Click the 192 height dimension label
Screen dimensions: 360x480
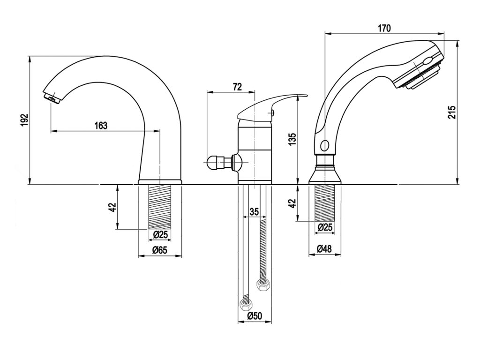25,120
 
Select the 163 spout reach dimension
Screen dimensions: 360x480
101,125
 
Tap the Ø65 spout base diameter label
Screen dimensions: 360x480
160,250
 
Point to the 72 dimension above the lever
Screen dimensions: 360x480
237,86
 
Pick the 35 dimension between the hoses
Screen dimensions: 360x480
254,211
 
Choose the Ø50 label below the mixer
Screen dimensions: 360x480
255,316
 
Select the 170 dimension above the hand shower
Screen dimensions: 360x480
384,28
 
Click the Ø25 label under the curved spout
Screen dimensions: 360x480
160,234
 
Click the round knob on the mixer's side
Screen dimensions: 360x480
213,163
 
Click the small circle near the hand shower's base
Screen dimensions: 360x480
325,145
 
